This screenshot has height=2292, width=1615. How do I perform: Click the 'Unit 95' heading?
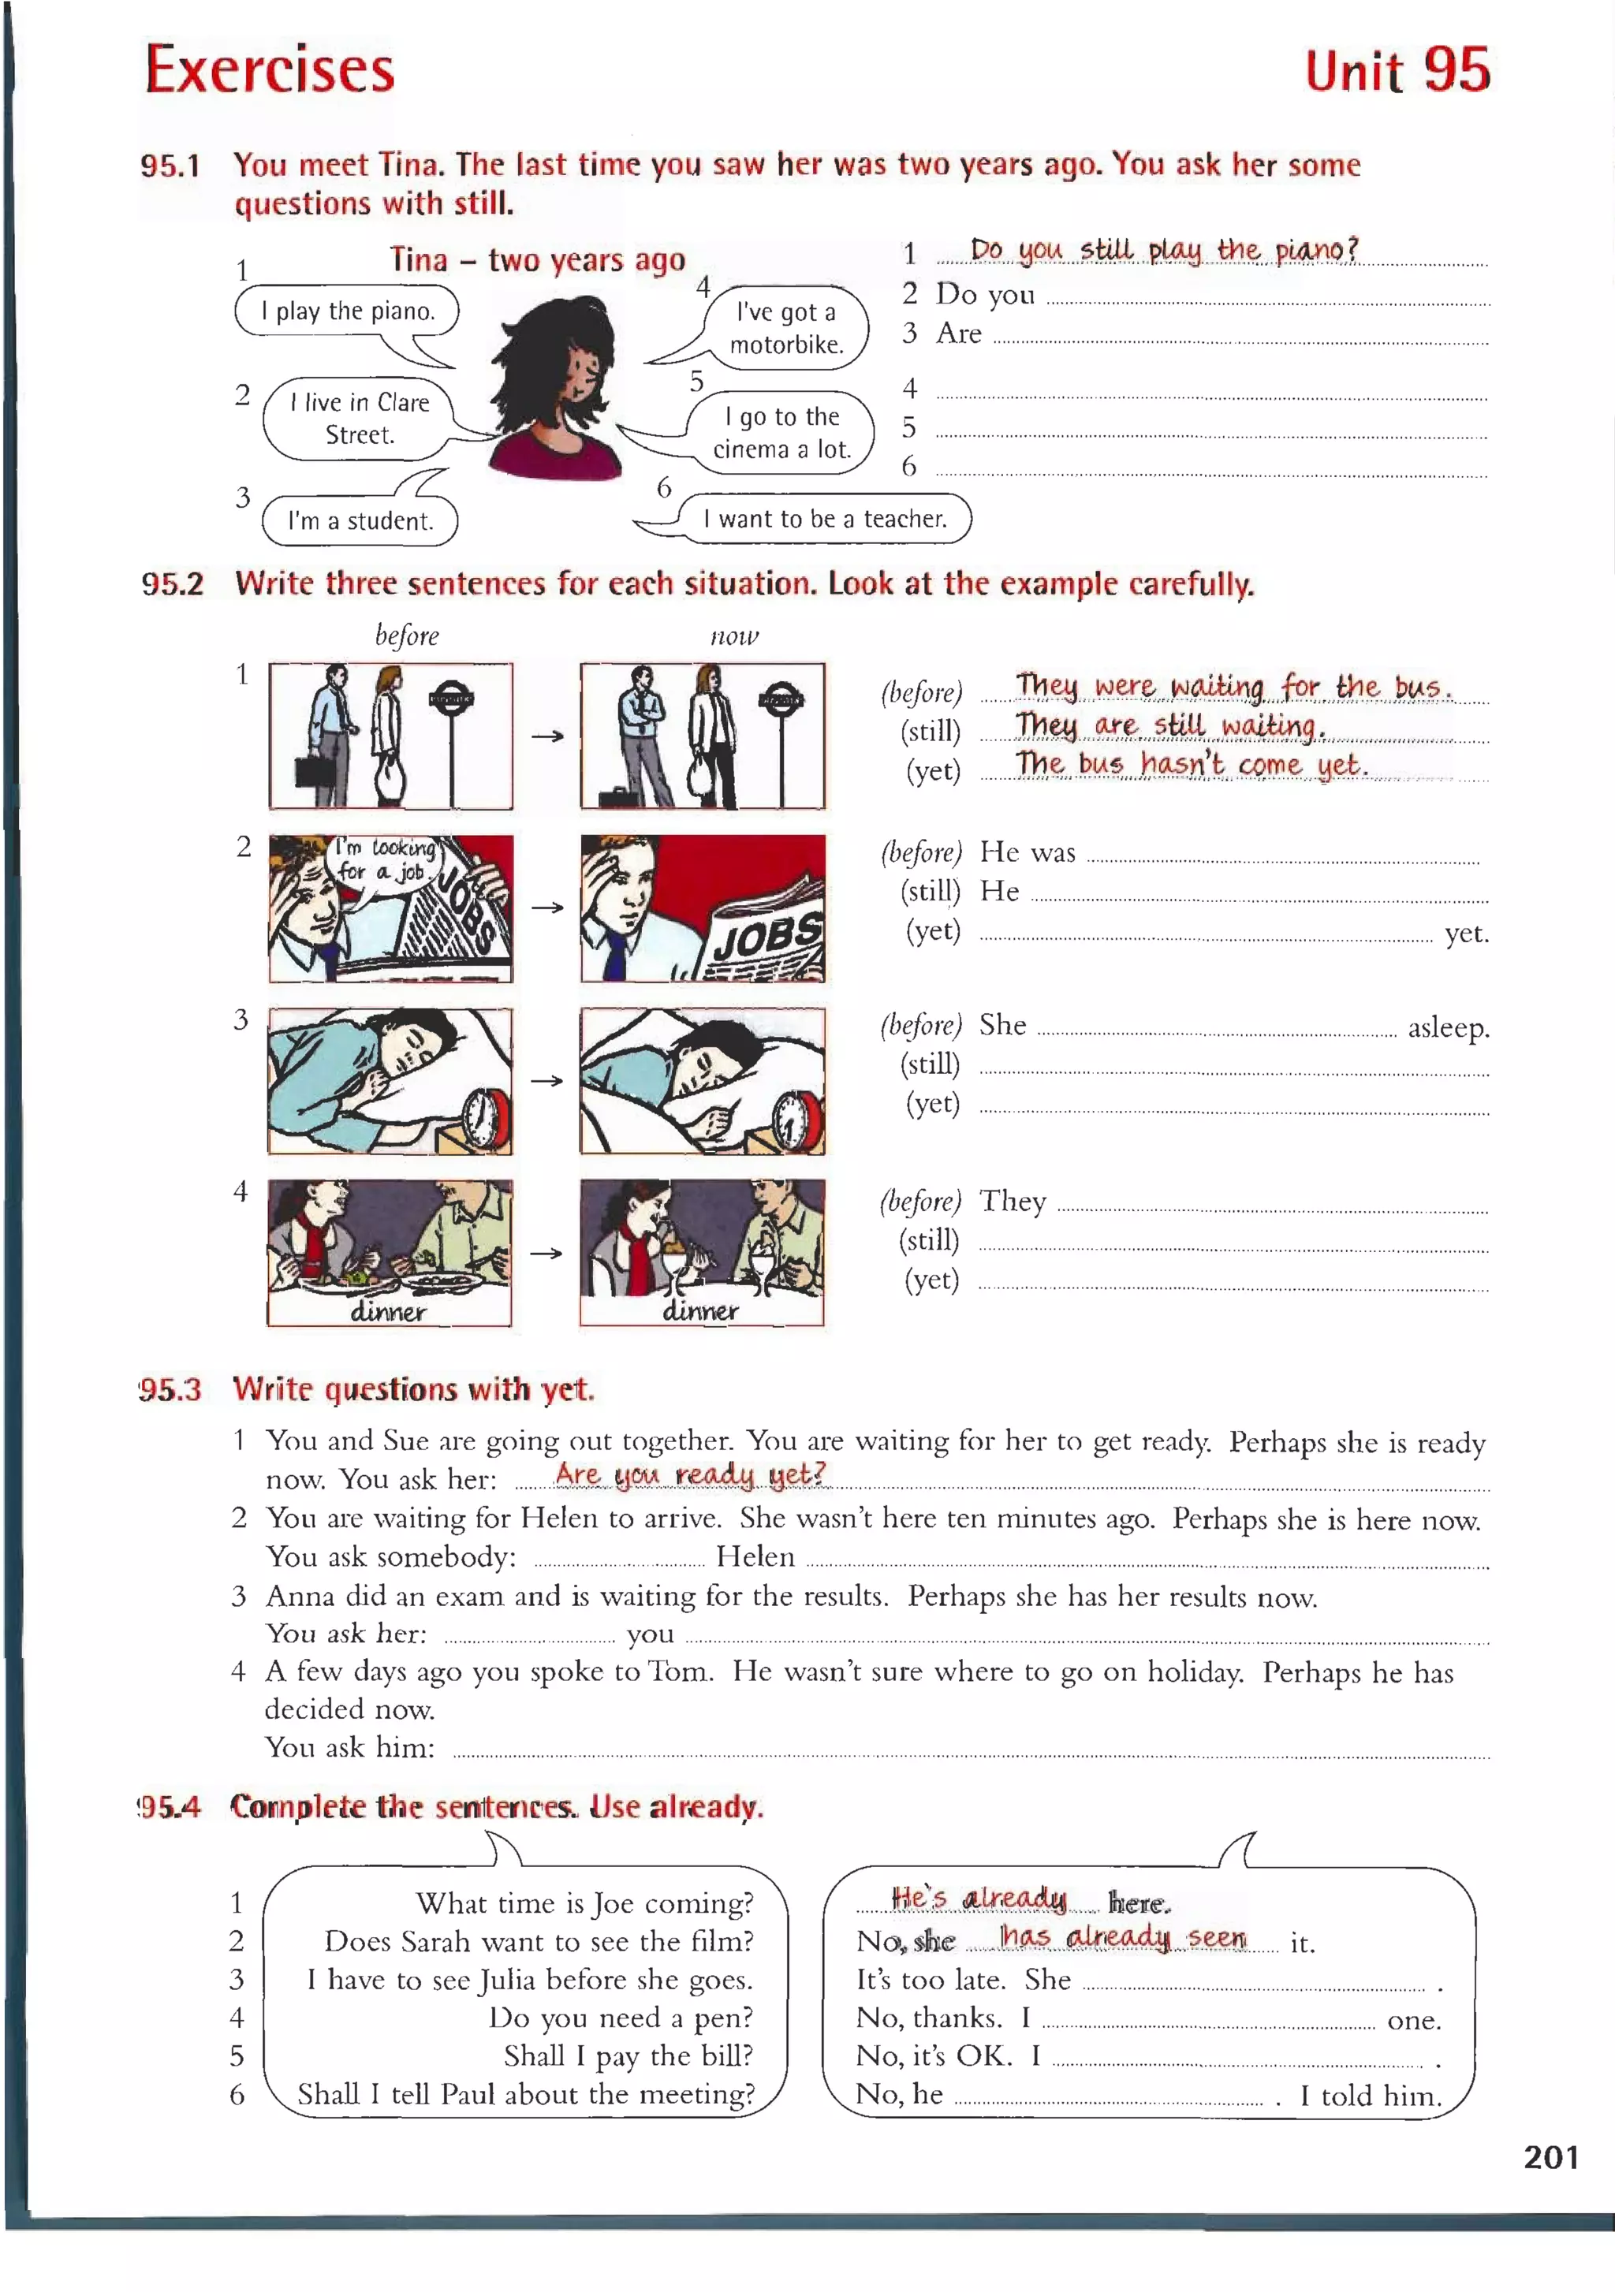coord(1397,70)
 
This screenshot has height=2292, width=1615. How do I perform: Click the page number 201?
coord(1550,2157)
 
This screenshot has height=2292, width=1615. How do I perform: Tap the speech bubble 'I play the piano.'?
coord(347,311)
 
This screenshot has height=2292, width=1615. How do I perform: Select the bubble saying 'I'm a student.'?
coord(360,520)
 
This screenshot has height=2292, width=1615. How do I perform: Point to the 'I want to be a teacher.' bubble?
coord(825,518)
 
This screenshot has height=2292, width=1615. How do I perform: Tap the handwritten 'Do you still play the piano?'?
coord(1164,250)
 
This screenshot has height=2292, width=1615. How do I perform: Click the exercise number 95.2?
coord(172,584)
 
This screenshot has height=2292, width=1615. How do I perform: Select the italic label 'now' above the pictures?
coord(735,636)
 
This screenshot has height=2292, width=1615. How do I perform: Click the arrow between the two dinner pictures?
coord(546,1253)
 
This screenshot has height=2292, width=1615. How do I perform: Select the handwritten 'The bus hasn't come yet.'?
coord(1191,764)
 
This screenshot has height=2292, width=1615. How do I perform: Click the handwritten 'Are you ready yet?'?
coord(691,1474)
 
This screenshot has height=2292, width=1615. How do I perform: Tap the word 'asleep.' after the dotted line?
coord(1447,1027)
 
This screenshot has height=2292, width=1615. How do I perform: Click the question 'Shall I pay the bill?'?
coord(628,2055)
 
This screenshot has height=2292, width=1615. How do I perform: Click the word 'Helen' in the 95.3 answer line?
coord(755,1556)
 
